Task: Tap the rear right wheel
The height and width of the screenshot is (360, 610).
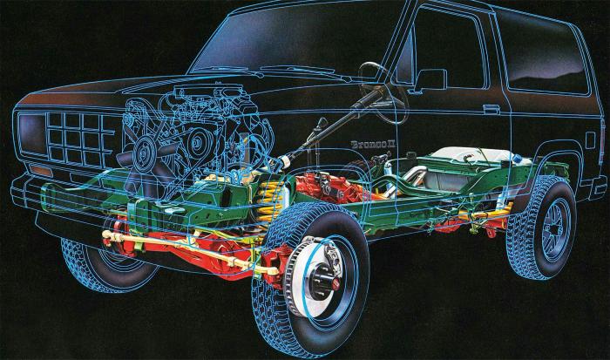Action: [542, 228]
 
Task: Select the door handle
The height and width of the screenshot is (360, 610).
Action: [492, 108]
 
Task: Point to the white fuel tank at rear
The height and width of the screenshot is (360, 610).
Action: [475, 156]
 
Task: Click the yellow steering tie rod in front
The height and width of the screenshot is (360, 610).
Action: [174, 238]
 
